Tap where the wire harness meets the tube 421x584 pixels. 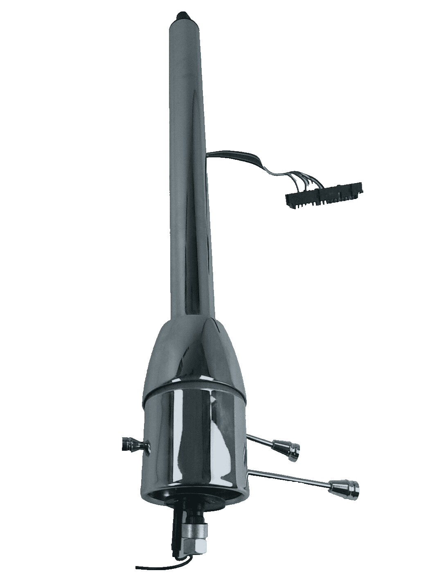click(209, 154)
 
